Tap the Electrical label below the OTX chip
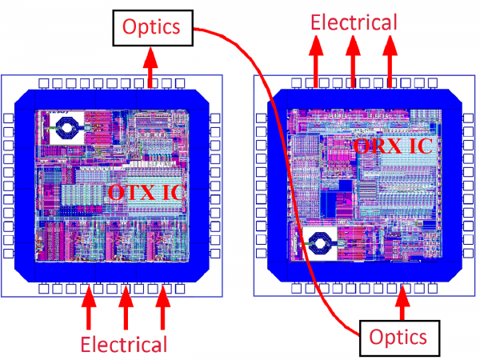(x=123, y=345)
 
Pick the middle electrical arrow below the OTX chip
(x=126, y=306)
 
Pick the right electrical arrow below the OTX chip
(x=162, y=306)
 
